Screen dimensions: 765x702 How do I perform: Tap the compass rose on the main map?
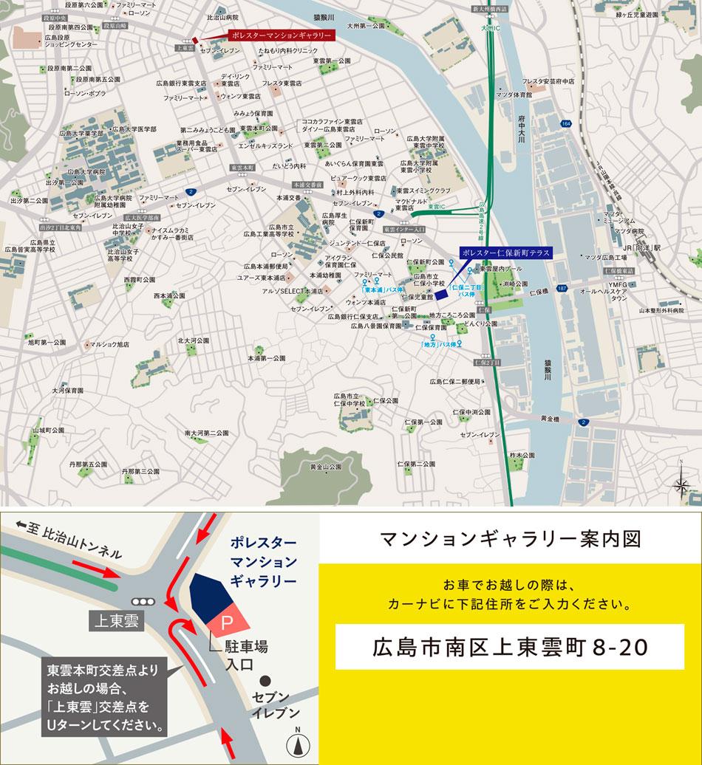681,484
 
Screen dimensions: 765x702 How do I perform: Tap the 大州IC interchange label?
491,27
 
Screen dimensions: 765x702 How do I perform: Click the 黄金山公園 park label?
326,467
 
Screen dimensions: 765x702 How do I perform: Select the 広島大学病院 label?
88,171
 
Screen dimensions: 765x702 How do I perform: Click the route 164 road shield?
566,123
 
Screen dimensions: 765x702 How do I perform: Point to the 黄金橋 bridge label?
550,419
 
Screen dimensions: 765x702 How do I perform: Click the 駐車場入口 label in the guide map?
245,655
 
